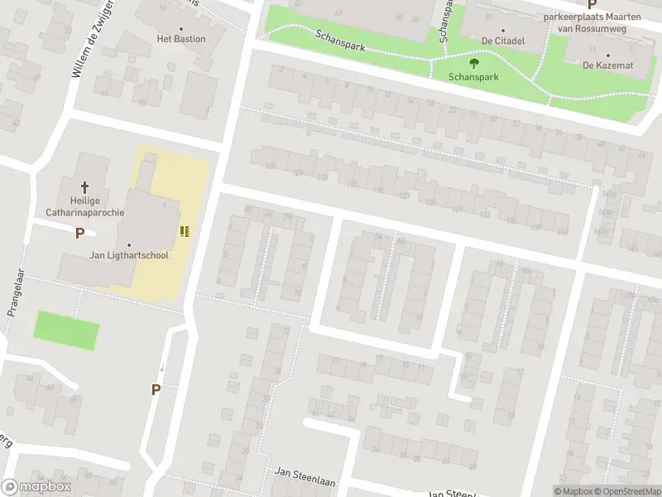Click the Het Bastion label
(181, 39)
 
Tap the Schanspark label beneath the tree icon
(473, 76)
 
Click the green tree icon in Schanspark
(473, 62)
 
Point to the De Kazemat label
(607, 65)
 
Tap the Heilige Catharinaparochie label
(84, 207)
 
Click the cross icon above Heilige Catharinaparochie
(84, 188)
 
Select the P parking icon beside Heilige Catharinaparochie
(79, 234)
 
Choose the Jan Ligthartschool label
(129, 255)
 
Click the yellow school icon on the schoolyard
(185, 231)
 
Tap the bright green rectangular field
(66, 331)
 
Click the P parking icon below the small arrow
(156, 389)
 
